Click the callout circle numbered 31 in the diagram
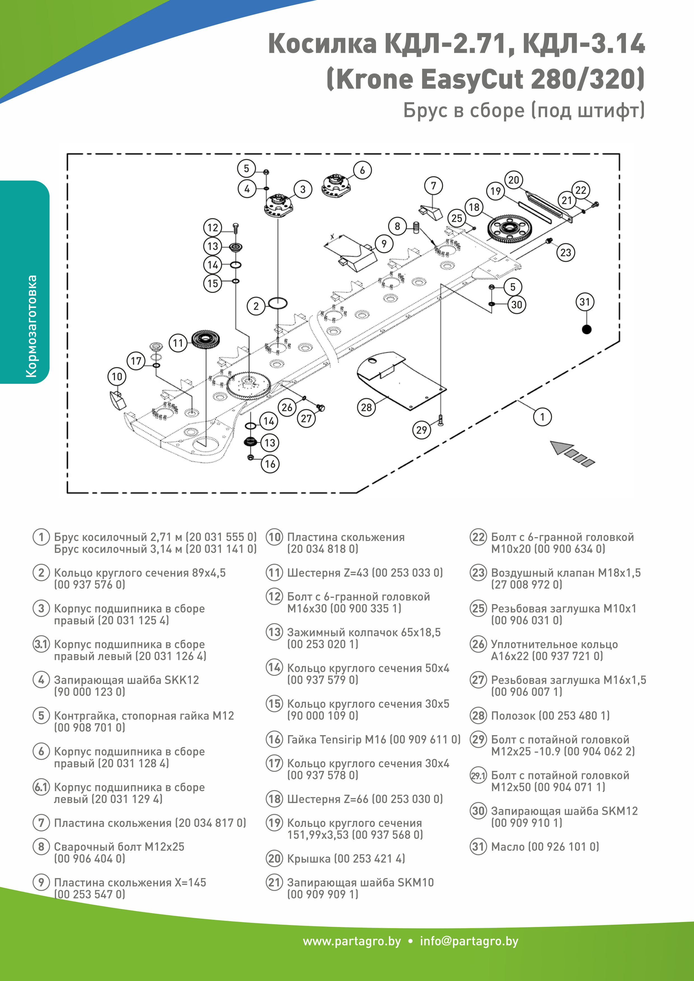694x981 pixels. (584, 302)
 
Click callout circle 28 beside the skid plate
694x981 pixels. (366, 407)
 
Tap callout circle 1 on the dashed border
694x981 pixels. (542, 417)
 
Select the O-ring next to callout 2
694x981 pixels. (278, 303)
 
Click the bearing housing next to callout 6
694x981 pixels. (336, 185)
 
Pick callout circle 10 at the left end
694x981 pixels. (117, 377)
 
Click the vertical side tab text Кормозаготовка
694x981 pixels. (31, 326)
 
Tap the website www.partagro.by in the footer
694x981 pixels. (352, 941)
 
